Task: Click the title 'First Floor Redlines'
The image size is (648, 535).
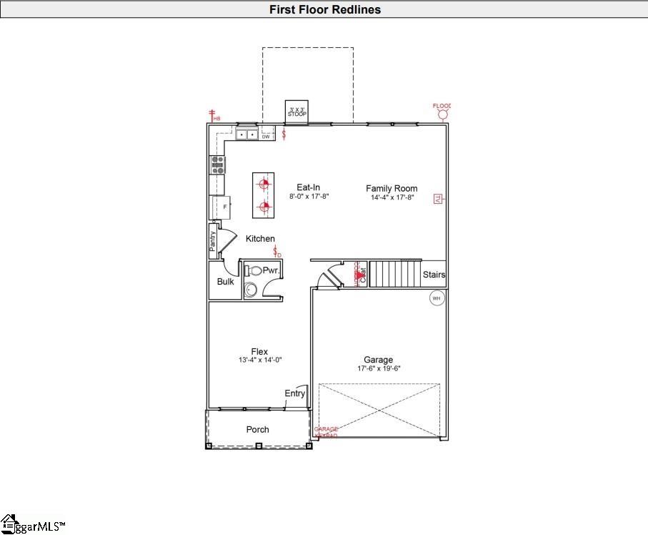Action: [x=324, y=9]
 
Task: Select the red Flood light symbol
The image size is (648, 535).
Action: [x=443, y=114]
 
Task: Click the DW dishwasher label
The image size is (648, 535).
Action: [x=266, y=135]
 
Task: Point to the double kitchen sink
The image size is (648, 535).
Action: [x=248, y=134]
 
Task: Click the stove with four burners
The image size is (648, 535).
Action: [x=217, y=165]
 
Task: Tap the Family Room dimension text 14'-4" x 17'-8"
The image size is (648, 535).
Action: [x=392, y=198]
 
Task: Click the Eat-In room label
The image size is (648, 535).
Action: [x=308, y=187]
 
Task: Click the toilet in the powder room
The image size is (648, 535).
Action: [x=254, y=271]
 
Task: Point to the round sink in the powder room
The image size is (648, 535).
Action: [x=251, y=290]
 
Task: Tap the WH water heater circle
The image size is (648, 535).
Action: [x=437, y=298]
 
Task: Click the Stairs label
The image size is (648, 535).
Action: [x=434, y=275]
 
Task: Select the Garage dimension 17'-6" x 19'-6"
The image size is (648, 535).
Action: [x=379, y=369]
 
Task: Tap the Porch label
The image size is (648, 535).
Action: [x=258, y=429]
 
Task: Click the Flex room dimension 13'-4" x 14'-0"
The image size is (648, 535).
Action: [x=260, y=360]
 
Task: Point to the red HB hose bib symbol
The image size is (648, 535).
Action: [x=211, y=115]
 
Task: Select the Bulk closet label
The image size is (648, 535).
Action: [x=225, y=281]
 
